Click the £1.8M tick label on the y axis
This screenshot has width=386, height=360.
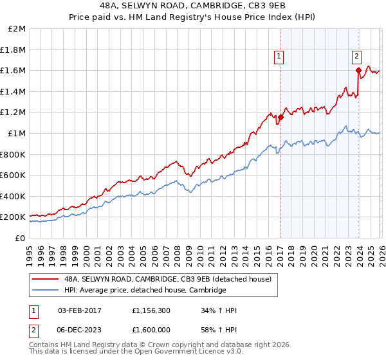14,50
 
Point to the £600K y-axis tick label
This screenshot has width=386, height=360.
13,175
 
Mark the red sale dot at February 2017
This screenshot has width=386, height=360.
280,117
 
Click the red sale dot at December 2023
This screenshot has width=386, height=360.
358,70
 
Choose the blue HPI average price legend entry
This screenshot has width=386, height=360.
145,290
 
